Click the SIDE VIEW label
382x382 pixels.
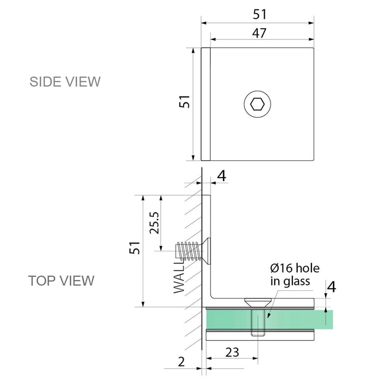point(65,82)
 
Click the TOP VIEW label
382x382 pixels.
point(61,280)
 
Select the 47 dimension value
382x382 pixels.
point(259,33)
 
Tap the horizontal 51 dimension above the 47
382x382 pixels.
point(259,14)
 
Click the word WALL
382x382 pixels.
point(180,280)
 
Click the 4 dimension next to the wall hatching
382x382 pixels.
point(222,176)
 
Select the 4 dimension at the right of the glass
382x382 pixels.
point(331,287)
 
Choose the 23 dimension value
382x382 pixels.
point(231,351)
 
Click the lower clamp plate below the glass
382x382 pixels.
point(260,335)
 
